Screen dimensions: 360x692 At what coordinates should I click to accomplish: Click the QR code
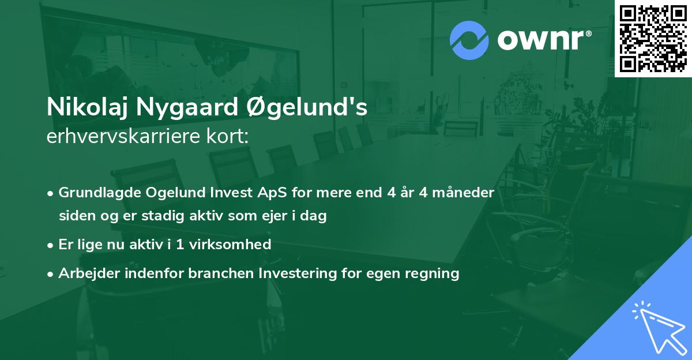point(653,39)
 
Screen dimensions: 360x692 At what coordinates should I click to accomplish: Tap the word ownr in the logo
point(543,40)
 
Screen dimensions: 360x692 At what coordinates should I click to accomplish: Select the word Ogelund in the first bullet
point(167,193)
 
